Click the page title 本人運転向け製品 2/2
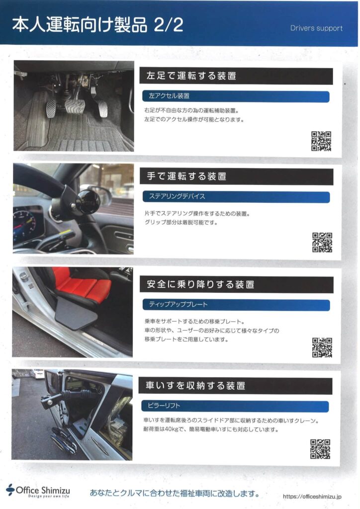coord(98,25)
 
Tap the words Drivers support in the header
coord(317,28)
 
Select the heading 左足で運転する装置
coord(191,76)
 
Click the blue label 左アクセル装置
coord(169,96)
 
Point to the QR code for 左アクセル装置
coord(321,141)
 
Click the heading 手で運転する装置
coord(186,176)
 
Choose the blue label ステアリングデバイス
coord(177,196)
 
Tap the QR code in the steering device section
coord(322,242)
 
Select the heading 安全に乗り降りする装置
coord(200,284)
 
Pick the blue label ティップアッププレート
coord(178,305)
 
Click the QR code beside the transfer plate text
coord(322,347)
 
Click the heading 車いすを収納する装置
coord(195,386)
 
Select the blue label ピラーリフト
coord(164,406)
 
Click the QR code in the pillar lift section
coord(320,449)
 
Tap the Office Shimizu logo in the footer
coord(38,491)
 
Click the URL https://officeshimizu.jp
coord(312,497)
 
